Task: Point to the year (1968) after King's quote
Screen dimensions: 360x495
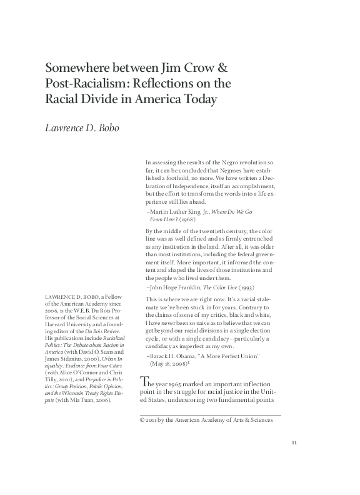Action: point(187,221)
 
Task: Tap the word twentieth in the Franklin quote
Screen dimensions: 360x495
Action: point(216,231)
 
